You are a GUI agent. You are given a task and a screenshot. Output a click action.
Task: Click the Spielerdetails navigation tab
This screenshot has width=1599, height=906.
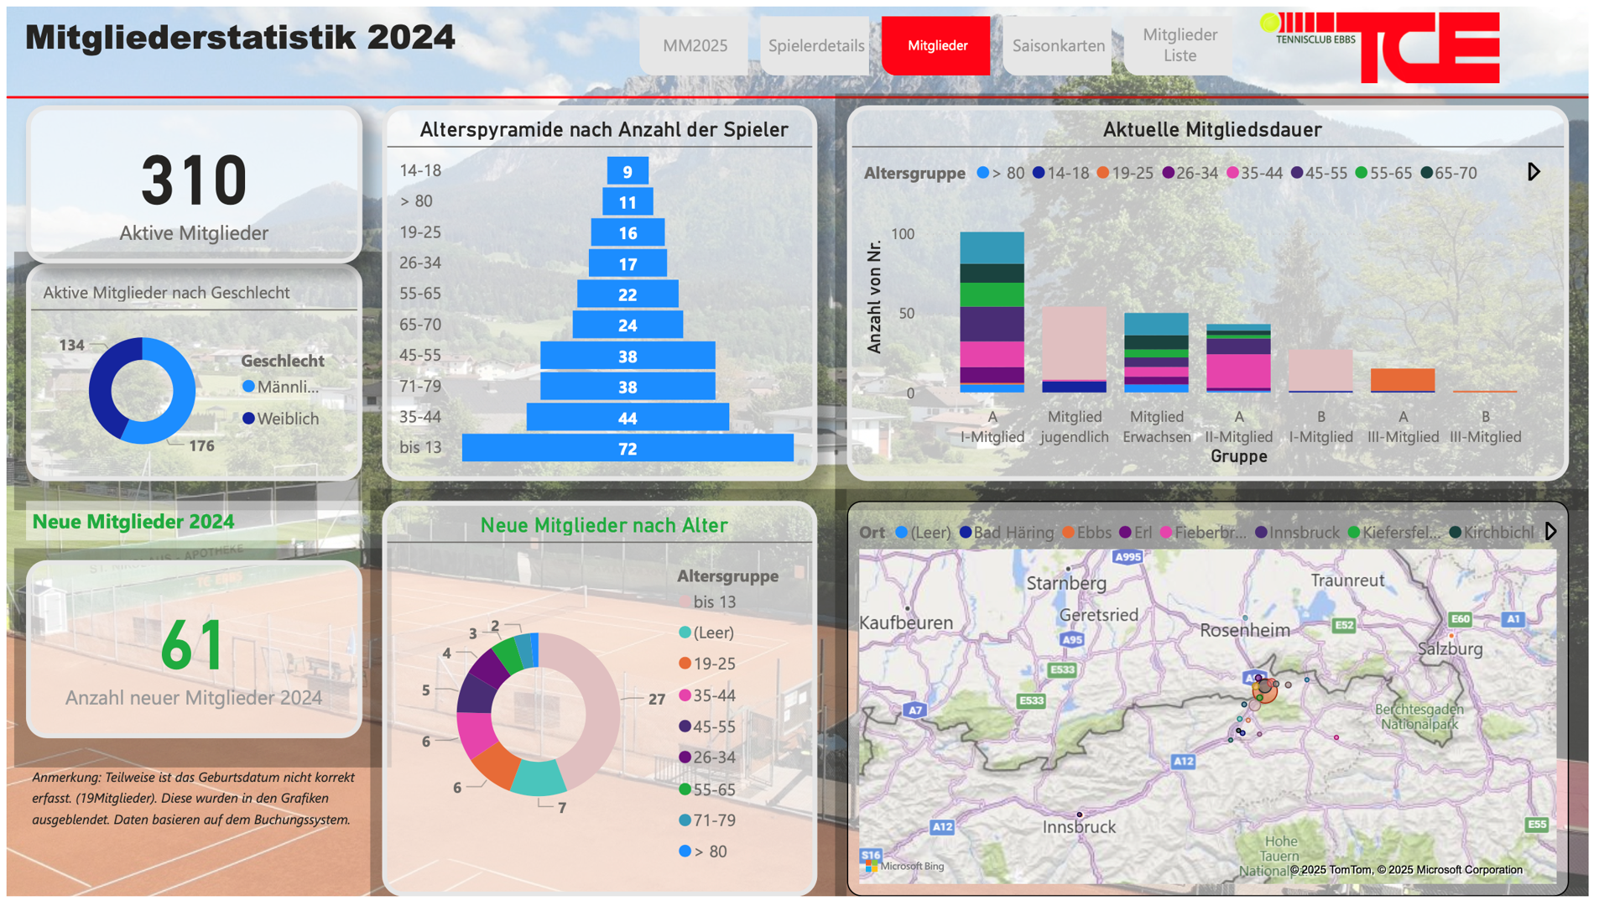[815, 46]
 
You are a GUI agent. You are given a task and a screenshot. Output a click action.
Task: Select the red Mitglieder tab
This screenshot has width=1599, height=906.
[937, 46]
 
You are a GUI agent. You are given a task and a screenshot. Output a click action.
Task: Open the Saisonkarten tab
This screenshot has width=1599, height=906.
[1058, 46]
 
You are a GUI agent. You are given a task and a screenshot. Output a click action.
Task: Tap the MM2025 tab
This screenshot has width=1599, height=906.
[695, 46]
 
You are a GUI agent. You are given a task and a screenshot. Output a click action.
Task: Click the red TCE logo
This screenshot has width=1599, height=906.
[1429, 48]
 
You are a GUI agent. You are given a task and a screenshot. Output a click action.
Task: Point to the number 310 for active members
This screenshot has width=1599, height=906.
[194, 180]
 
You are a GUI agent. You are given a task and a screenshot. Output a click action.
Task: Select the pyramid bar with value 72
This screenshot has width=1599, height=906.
[628, 449]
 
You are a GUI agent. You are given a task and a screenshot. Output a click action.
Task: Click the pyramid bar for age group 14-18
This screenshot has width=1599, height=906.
[628, 172]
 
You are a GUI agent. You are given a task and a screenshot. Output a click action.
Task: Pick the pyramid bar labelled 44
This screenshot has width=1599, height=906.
[628, 418]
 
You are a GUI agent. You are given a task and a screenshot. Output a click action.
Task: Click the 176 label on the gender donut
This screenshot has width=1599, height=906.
[201, 446]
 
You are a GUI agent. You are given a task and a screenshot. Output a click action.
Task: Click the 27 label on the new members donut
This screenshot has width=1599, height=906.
[657, 699]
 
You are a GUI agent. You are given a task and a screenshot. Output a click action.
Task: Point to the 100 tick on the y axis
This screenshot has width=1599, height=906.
[903, 234]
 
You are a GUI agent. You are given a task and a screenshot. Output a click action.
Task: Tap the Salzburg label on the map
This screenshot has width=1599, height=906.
[1450, 648]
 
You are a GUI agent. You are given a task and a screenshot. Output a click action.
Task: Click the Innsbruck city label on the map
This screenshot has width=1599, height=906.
[1079, 827]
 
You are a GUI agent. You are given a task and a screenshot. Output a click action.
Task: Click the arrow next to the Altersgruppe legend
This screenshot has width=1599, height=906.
[1534, 172]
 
